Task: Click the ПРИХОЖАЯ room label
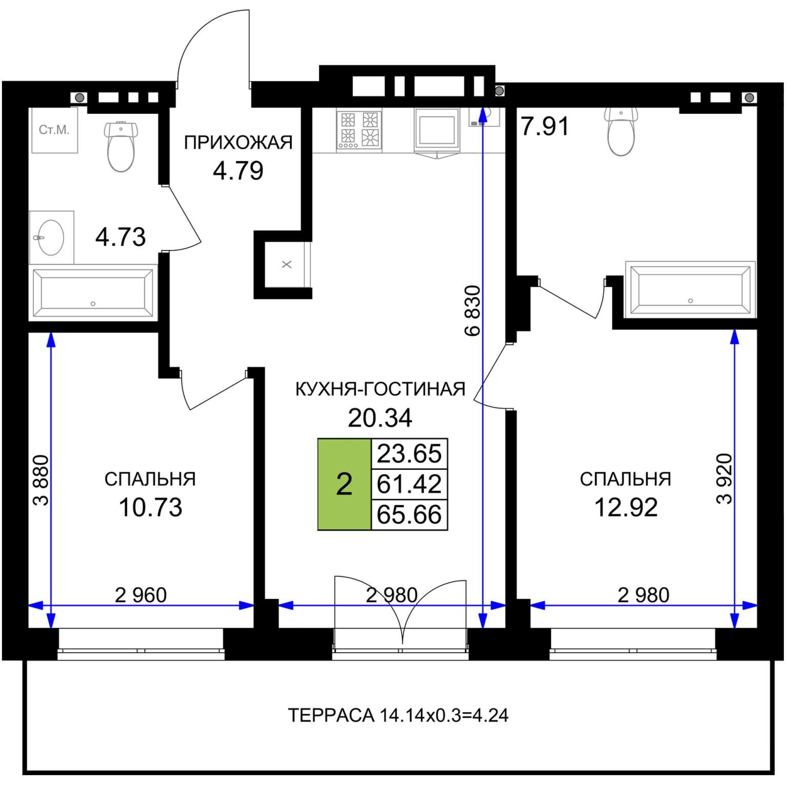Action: [238, 142]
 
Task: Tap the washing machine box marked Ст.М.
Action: [54, 130]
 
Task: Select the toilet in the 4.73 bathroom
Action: [121, 146]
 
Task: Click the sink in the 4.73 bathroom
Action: [51, 238]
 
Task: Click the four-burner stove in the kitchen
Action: [359, 130]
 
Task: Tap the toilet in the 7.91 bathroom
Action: [621, 131]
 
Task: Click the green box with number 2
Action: [344, 484]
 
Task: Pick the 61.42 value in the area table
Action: [409, 484]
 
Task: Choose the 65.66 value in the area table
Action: [409, 514]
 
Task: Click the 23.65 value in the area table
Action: [409, 454]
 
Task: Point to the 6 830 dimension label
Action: [472, 310]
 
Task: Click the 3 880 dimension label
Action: [41, 481]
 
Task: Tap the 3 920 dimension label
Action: [724, 479]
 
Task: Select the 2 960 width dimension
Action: [141, 595]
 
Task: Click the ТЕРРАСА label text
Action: [331, 715]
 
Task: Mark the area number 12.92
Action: [626, 507]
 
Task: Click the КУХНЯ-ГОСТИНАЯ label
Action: [380, 389]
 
